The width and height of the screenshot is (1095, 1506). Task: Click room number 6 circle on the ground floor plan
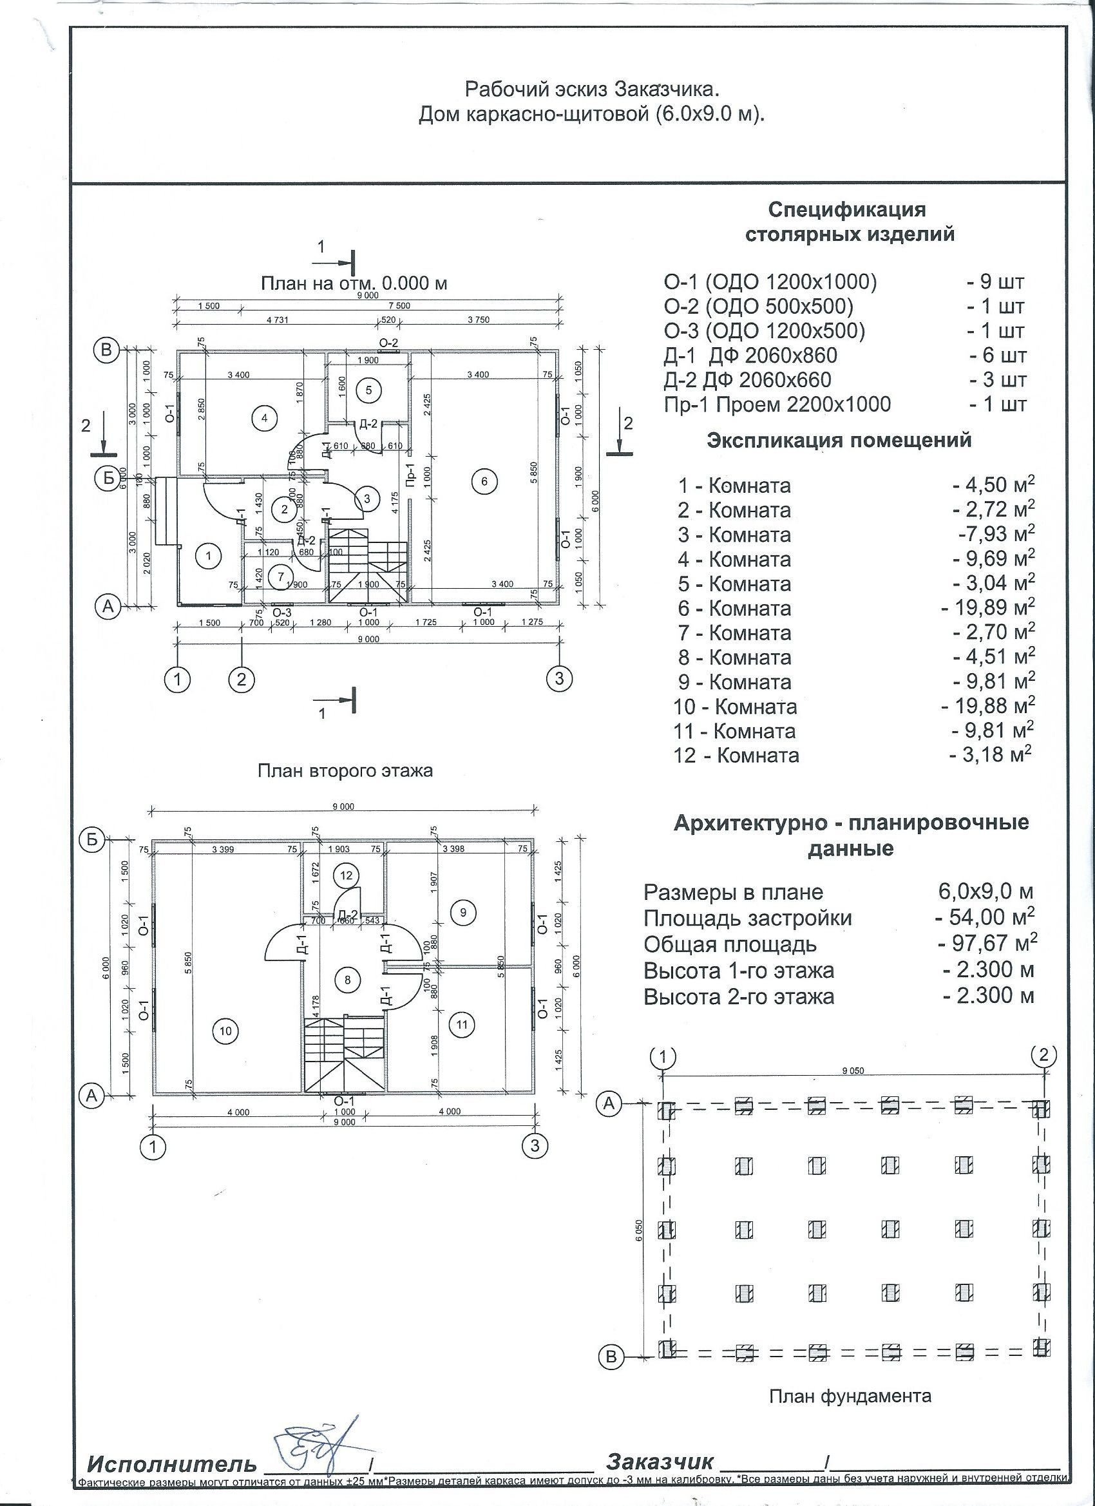pyautogui.click(x=484, y=481)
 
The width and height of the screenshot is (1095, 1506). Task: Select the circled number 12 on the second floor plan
pyautogui.click(x=346, y=875)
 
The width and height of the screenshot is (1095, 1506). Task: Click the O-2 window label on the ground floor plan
pyautogui.click(x=388, y=343)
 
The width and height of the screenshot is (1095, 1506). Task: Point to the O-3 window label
pyautogui.click(x=282, y=611)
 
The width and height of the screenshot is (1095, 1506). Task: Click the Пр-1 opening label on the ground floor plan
pyautogui.click(x=410, y=475)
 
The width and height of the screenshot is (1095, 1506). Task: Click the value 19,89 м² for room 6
pyautogui.click(x=988, y=608)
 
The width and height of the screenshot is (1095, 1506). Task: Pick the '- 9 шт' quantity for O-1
pyautogui.click(x=995, y=282)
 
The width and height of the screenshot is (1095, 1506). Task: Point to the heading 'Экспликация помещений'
pyautogui.click(x=839, y=440)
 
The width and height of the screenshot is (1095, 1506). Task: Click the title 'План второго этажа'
pyautogui.click(x=345, y=771)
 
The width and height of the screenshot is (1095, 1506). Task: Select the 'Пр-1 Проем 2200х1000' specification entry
pyautogui.click(x=777, y=405)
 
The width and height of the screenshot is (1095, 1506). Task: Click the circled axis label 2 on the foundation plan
pyautogui.click(x=1043, y=1055)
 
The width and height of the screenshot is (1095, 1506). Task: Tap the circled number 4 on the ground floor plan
pyautogui.click(x=264, y=418)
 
